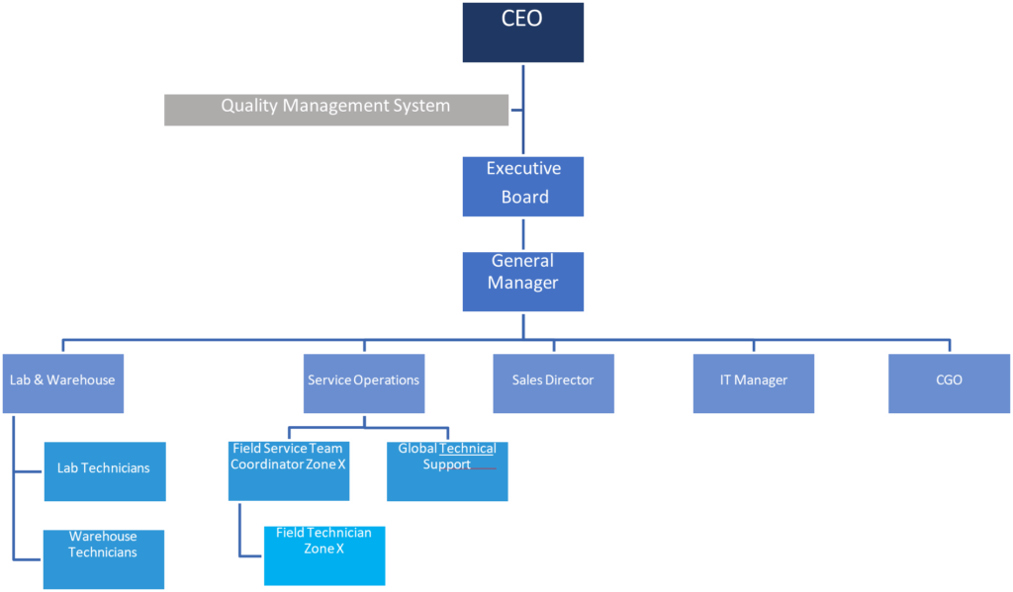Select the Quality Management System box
coord(335,109)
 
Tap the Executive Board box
coord(523,186)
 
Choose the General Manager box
coord(523,281)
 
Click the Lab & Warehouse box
coord(62,381)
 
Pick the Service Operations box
coord(363,381)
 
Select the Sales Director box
coord(554,381)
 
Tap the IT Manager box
coord(754,381)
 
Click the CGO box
coord(948,381)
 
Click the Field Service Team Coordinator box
coord(288,470)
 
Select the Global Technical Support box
coord(447,470)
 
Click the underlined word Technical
coord(468,449)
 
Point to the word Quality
coord(249,106)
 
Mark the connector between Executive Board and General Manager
coord(523,234)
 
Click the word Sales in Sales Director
coord(528,381)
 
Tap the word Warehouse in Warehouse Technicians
coord(103,538)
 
